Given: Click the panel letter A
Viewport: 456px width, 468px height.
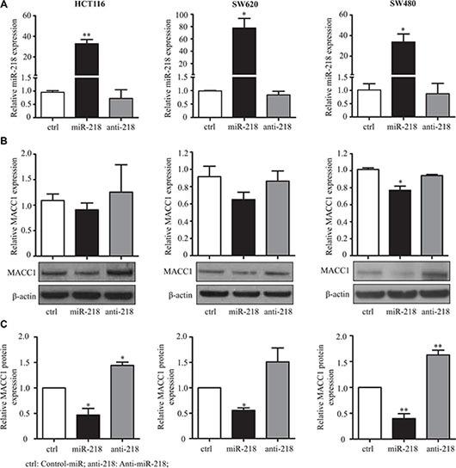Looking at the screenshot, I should pos(6,6).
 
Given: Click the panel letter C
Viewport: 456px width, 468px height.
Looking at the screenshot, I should pos(6,325).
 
